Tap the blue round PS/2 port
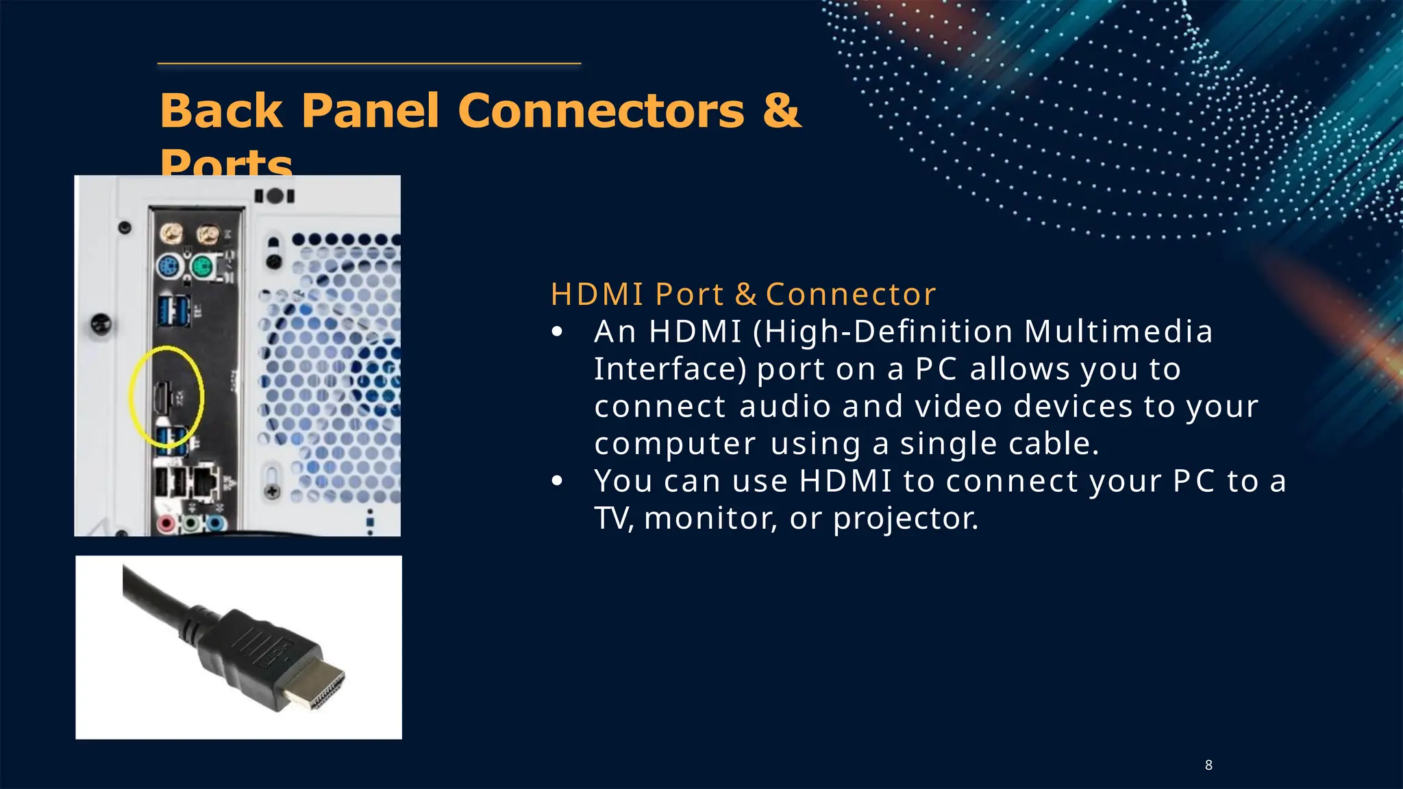(169, 266)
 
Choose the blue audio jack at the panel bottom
(216, 525)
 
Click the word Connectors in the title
(601, 110)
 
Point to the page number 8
(1208, 765)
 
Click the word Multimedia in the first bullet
(1119, 331)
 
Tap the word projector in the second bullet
(906, 518)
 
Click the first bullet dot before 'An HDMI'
(557, 332)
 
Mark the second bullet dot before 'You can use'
(557, 481)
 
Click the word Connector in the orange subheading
(850, 295)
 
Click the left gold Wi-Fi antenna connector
(171, 236)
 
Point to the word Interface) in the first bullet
(670, 369)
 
